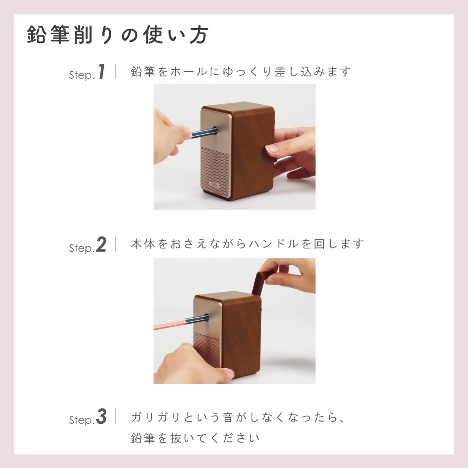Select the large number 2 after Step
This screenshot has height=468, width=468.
click(x=101, y=245)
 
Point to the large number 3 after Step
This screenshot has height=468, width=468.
click(x=101, y=417)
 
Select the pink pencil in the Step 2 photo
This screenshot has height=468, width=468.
click(x=172, y=323)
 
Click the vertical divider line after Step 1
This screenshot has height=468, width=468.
click(x=115, y=72)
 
